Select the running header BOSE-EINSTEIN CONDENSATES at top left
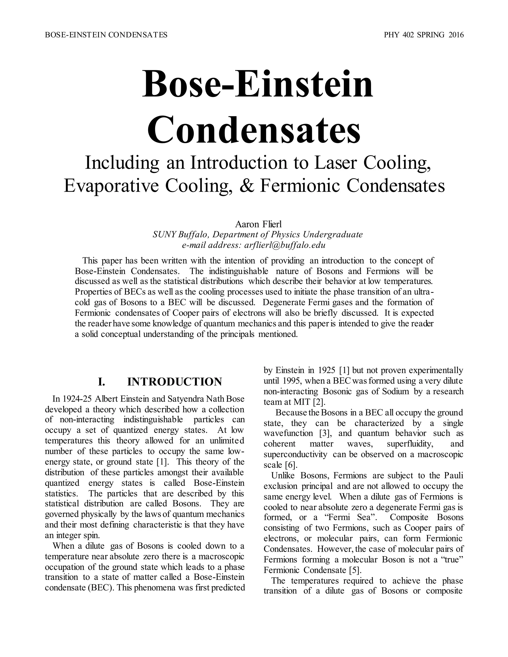[106, 35]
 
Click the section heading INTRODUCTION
[175, 382]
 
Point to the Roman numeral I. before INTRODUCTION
[101, 382]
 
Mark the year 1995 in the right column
[291, 381]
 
